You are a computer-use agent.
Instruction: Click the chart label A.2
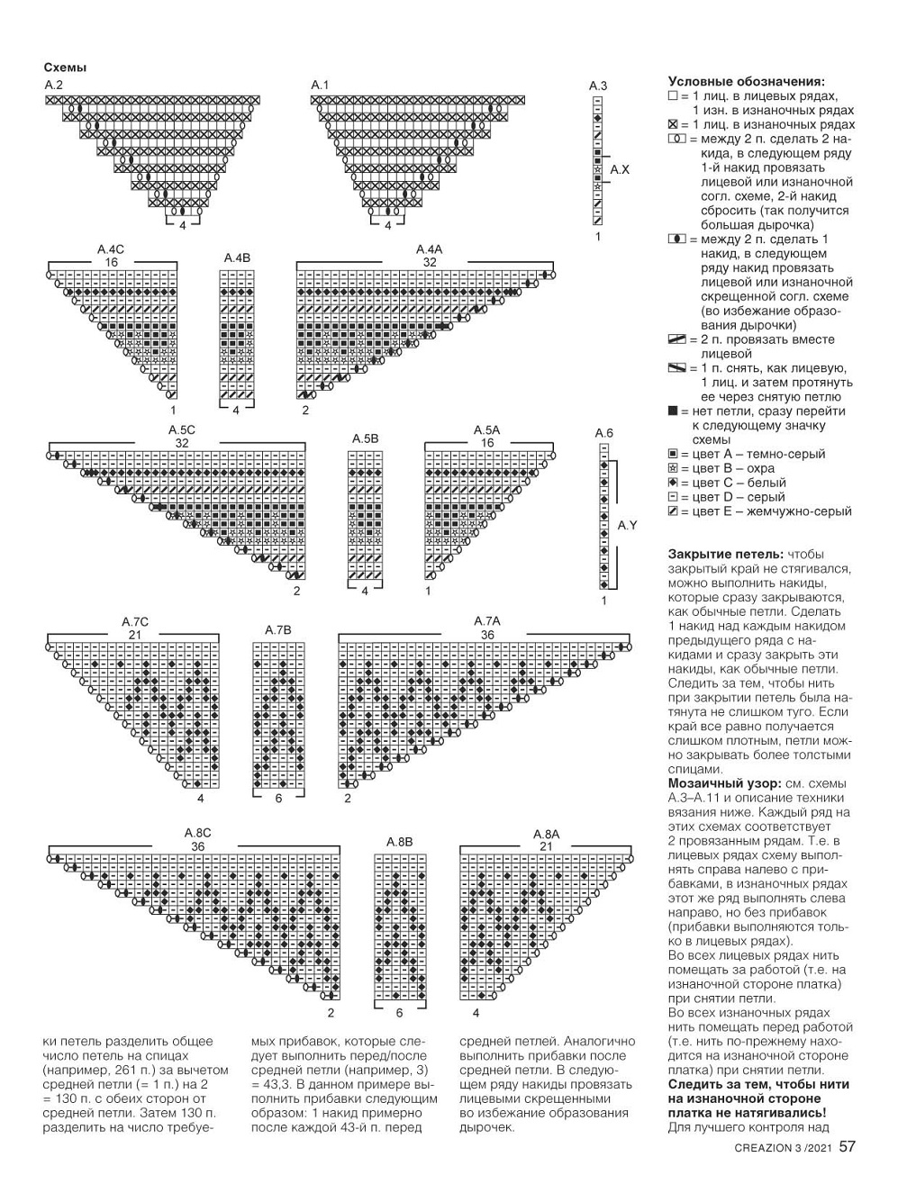[x=53, y=85]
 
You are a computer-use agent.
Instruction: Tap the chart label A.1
[x=320, y=85]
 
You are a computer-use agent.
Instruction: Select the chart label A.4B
[x=237, y=258]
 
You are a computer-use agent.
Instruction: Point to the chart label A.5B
[x=365, y=438]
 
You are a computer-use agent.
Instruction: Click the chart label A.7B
[x=278, y=630]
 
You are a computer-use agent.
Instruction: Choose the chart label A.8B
[x=399, y=842]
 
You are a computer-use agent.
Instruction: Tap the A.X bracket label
[x=620, y=169]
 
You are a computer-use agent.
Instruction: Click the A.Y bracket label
[x=627, y=525]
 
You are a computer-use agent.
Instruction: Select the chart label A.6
[x=603, y=433]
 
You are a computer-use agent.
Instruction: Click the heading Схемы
[x=65, y=68]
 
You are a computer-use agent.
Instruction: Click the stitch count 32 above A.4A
[x=430, y=262]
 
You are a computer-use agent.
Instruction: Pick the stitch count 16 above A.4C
[x=111, y=262]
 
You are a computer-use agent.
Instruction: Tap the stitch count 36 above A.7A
[x=487, y=635]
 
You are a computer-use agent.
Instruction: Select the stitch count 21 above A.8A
[x=546, y=846]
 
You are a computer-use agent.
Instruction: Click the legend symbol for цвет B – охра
[x=673, y=469]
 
